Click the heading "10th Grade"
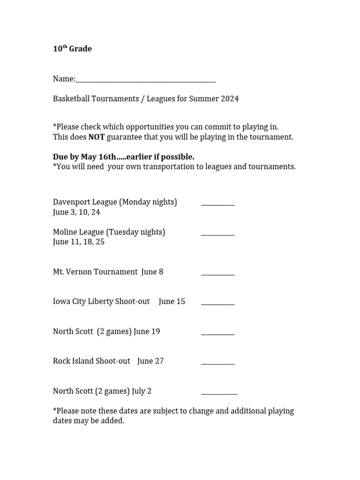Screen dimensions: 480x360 click(x=72, y=49)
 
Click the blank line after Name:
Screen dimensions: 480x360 click(x=145, y=80)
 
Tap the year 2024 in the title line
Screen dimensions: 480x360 click(x=229, y=99)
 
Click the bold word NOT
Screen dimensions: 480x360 click(x=97, y=137)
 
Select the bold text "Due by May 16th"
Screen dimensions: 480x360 click(x=84, y=157)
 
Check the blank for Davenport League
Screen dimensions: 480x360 click(x=217, y=203)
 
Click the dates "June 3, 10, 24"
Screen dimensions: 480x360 click(x=76, y=212)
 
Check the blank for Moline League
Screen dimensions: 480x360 click(x=217, y=233)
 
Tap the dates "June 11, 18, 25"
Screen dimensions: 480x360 click(x=79, y=242)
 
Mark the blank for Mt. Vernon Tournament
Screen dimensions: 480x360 click(x=217, y=273)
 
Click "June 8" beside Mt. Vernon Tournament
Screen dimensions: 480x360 click(x=152, y=272)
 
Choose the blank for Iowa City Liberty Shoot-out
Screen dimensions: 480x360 click(x=217, y=303)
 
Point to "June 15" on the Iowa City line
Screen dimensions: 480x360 click(x=172, y=301)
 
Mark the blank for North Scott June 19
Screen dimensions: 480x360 click(x=217, y=333)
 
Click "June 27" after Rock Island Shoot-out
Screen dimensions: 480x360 click(x=150, y=361)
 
